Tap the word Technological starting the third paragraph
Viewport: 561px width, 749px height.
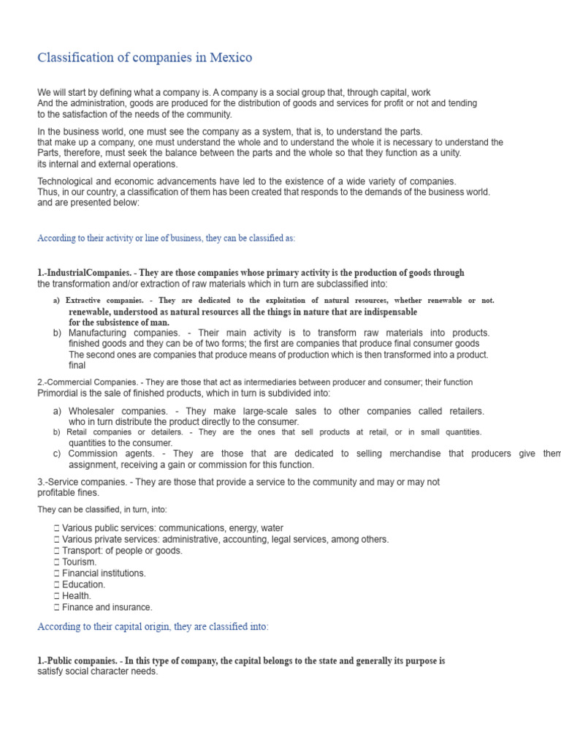point(68,181)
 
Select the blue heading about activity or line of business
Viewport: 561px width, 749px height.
point(166,238)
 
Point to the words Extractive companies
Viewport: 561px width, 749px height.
point(102,301)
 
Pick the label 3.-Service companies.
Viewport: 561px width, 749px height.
point(80,482)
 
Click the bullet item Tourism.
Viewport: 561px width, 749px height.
point(79,562)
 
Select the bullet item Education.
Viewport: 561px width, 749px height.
point(83,584)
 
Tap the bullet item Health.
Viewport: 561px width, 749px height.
point(77,596)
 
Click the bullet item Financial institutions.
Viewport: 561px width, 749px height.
point(104,573)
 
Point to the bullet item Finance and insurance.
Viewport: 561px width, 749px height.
point(107,607)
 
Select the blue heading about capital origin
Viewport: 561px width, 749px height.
point(153,627)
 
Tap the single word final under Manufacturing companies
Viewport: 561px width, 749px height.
point(77,365)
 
